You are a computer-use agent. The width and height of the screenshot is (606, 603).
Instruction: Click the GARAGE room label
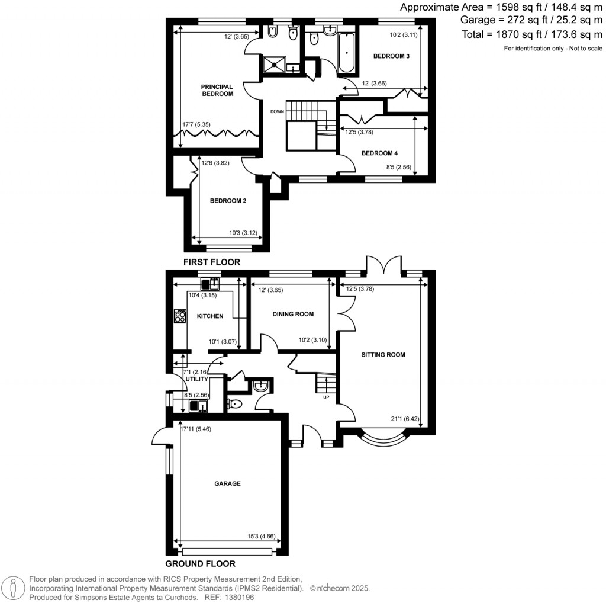pos(227,483)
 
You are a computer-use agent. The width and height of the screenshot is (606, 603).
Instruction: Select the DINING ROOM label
pos(293,314)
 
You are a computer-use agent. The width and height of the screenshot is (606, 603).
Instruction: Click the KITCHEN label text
pos(210,316)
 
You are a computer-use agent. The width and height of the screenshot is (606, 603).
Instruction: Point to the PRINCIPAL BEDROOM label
pos(217,90)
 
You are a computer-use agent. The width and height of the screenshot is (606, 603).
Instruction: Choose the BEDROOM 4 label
pos(379,153)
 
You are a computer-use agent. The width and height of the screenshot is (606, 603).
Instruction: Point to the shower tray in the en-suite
pos(276,63)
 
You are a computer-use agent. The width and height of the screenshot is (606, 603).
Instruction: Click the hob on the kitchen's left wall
pos(178,316)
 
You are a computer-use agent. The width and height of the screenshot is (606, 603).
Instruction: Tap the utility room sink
pos(197,406)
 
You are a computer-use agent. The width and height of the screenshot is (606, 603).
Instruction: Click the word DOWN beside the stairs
pos(278,111)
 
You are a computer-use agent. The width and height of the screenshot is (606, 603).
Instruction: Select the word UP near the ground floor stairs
pos(325,397)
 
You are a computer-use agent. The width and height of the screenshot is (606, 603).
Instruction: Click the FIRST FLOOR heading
pos(212,261)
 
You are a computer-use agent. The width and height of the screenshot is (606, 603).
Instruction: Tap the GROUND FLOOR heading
pos(200,563)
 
